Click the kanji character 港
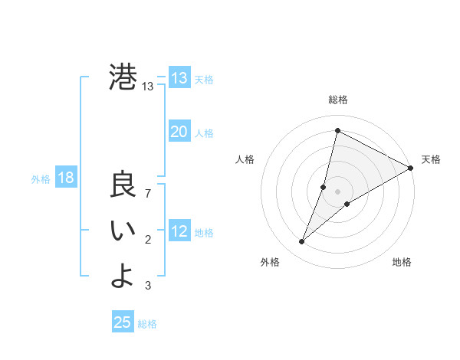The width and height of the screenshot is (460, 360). tap(123, 77)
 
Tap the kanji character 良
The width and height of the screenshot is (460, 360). tap(123, 186)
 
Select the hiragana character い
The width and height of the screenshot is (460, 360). tap(123, 232)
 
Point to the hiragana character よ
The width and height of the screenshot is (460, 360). tap(123, 276)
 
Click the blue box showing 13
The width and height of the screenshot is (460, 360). tap(179, 78)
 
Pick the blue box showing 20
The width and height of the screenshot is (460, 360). tap(179, 132)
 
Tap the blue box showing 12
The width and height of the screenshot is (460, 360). tap(179, 231)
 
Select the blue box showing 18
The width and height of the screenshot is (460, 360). tap(66, 178)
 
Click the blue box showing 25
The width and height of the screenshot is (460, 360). tap(123, 322)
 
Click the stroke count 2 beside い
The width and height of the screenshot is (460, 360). tap(148, 241)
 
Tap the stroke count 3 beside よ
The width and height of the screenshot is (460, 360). tap(148, 286)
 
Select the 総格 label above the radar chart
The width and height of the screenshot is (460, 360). tap(338, 100)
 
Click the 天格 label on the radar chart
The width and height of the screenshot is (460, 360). tap(431, 159)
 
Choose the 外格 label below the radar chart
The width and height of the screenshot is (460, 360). tap(269, 262)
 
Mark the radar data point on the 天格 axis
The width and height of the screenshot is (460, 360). tap(410, 168)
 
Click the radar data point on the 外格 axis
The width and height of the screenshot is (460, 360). tap(302, 242)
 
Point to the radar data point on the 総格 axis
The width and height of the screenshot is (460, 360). tap(337, 130)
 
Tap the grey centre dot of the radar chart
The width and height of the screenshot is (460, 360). tap(337, 191)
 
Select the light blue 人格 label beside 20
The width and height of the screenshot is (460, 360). tap(204, 133)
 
